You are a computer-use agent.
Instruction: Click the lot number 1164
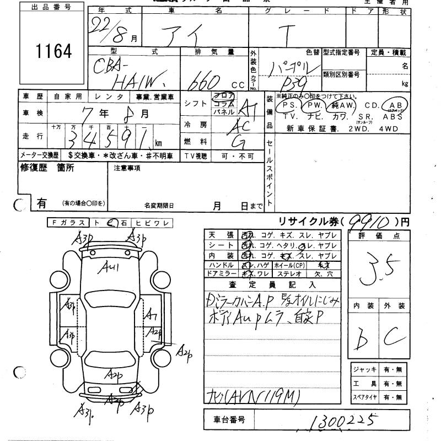(54, 52)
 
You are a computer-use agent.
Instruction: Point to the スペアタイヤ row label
(364, 397)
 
